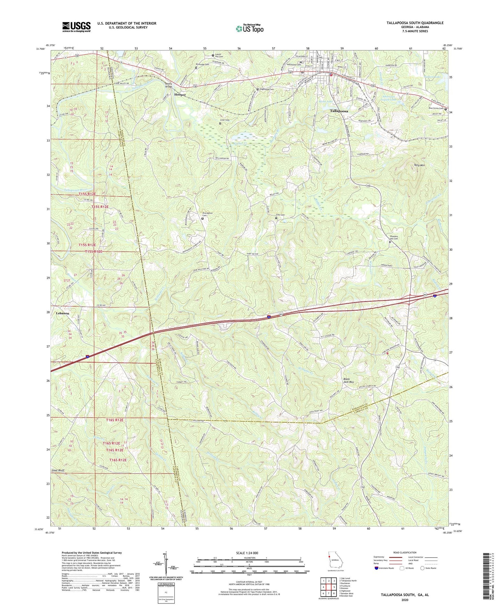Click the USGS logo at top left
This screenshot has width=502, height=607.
(x=76, y=27)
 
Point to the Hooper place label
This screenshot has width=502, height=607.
(x=180, y=95)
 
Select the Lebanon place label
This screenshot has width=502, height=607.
(x=63, y=313)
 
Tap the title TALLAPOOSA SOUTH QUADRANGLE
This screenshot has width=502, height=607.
(x=415, y=23)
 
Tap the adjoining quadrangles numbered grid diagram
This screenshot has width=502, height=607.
(x=328, y=587)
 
